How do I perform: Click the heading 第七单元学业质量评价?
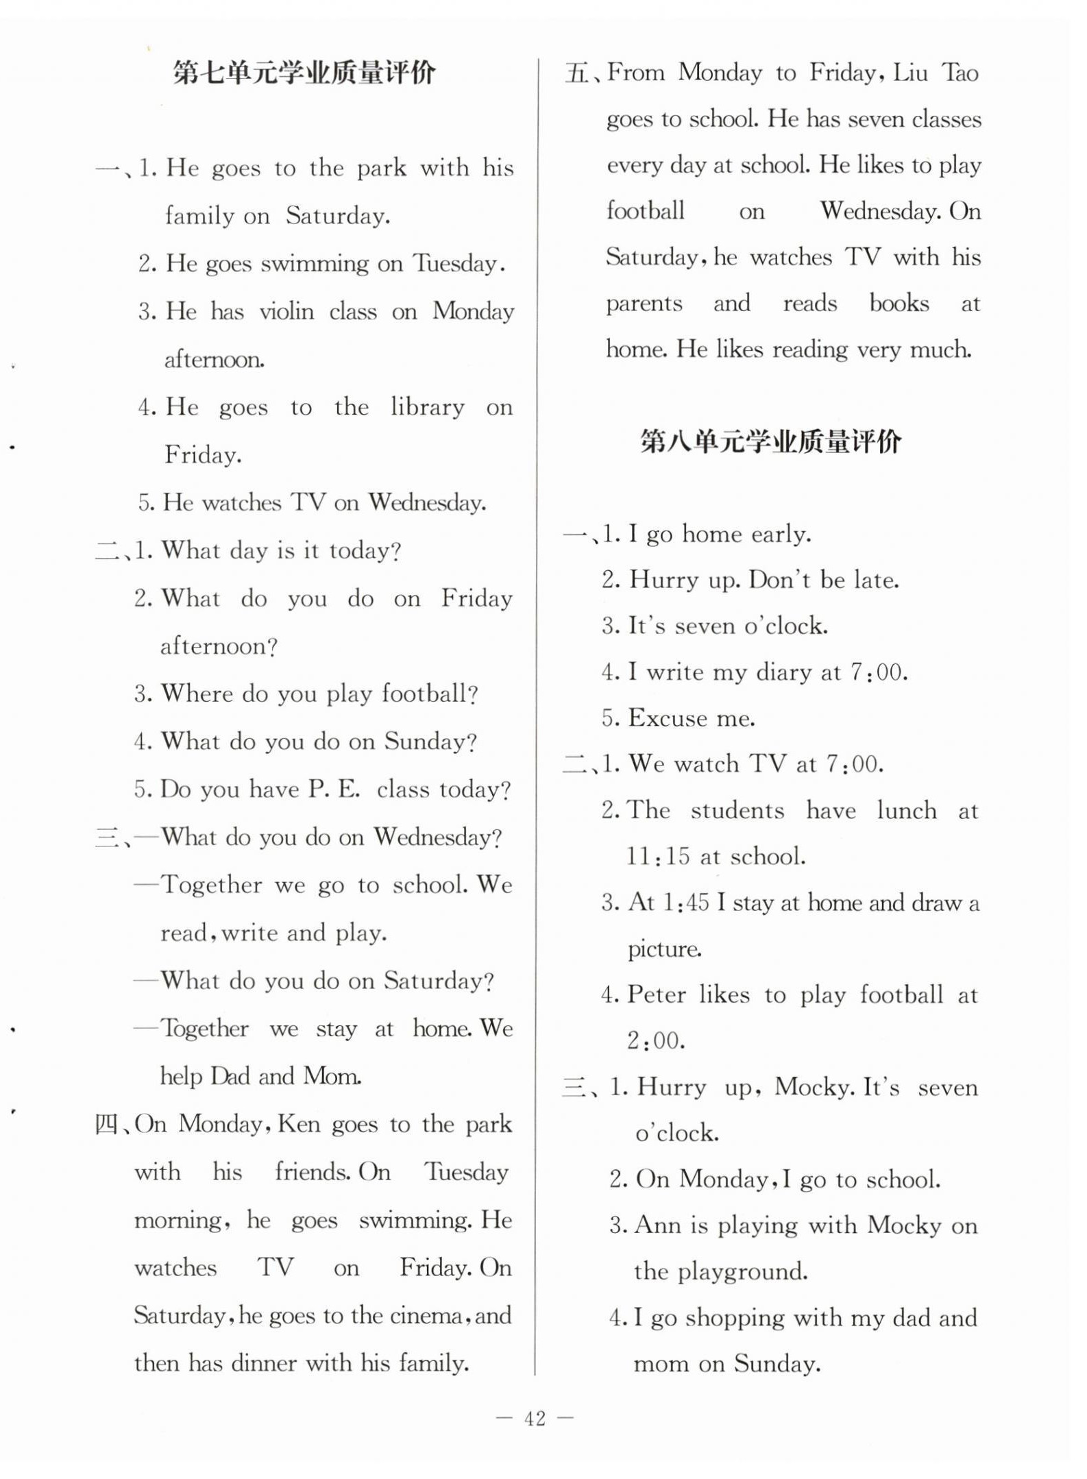(304, 73)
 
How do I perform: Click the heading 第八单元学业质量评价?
(770, 442)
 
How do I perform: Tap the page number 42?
(535, 1418)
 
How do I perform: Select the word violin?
(286, 312)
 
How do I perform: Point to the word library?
(427, 408)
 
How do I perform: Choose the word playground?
(742, 1272)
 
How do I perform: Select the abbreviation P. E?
(334, 790)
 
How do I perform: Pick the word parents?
(644, 304)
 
